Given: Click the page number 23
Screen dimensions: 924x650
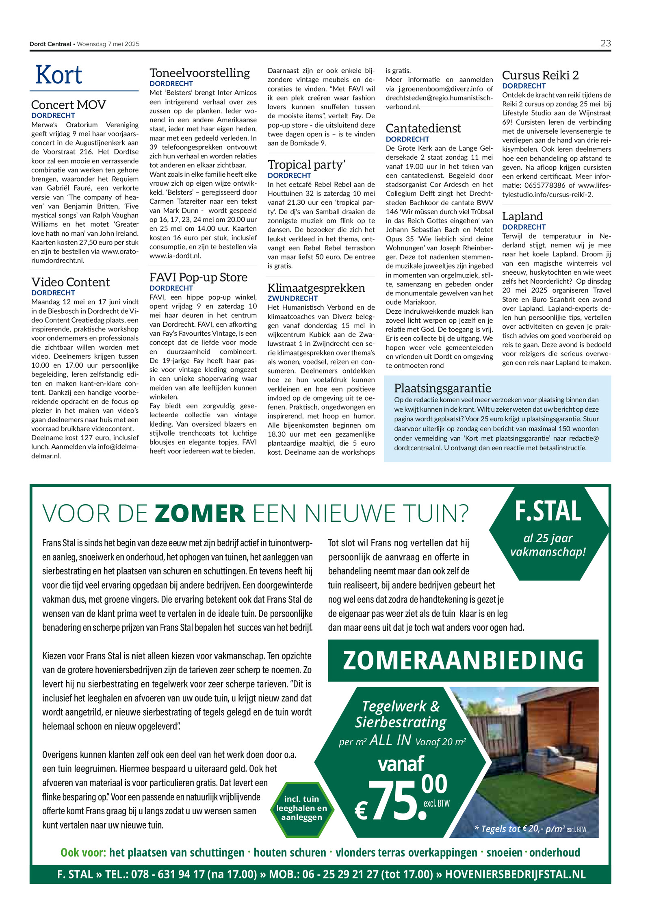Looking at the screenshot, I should [605, 43].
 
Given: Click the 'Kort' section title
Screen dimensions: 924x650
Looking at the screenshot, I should [59, 75].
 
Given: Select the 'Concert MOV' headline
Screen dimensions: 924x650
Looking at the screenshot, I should [68, 105].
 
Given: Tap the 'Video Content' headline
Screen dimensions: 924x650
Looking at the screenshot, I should [70, 282].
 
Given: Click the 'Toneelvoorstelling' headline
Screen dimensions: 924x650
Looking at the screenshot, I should [199, 73].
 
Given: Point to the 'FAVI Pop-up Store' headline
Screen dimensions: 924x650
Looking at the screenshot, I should [198, 277].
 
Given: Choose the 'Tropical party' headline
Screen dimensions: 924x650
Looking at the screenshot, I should [306, 165].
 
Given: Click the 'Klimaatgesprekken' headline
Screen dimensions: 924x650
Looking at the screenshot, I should [316, 288].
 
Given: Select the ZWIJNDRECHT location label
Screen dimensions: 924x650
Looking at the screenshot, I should [292, 298].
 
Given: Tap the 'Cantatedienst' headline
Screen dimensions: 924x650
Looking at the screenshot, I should [423, 128].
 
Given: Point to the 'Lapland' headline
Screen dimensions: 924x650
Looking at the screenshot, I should [522, 216].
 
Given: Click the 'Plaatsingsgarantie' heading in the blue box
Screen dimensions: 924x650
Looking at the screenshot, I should [442, 388].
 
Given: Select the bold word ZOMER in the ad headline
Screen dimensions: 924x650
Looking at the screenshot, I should [200, 513].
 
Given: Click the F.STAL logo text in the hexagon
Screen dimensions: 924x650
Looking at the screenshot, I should [548, 511].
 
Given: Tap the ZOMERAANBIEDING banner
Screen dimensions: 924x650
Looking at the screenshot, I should [463, 660].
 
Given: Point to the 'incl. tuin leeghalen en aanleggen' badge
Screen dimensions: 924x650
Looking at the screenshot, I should [301, 808].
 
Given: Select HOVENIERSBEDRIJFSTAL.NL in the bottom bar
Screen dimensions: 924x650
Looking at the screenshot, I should [515, 874].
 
